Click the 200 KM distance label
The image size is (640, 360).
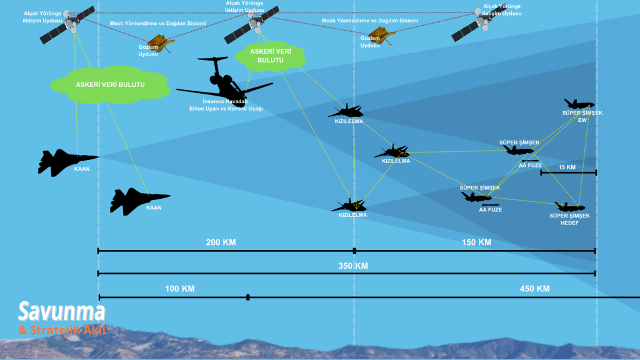pos(221,242)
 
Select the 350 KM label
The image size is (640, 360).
pos(352,266)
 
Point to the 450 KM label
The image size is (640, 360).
pos(534,289)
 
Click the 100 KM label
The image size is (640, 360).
pos(180,289)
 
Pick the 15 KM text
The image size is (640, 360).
pos(566,167)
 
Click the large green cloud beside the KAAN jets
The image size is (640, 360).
pos(110,84)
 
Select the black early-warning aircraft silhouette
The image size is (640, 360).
pos(222,81)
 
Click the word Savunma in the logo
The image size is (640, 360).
pos(61,311)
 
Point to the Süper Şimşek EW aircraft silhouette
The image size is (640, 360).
pos(579,104)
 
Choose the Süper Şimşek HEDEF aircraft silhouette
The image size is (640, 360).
pos(569,206)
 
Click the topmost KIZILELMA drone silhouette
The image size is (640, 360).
pos(346,111)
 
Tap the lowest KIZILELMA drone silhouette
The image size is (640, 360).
pos(349,204)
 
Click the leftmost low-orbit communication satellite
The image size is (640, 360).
pos(67,26)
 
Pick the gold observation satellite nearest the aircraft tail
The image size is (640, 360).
pos(161,42)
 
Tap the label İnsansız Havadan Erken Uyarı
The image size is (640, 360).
pos(225,101)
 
